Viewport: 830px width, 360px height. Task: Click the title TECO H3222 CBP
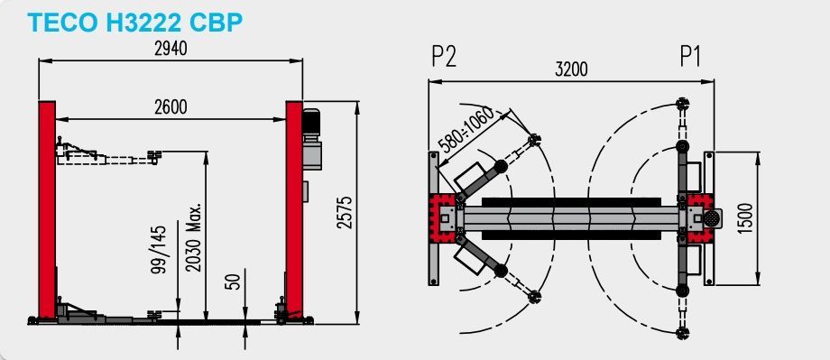pos(135,23)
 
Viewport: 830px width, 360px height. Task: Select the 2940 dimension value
pos(171,49)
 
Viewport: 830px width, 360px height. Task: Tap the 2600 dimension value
pos(171,107)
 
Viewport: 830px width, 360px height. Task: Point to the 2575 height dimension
pos(345,212)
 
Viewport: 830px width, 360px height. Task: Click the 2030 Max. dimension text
pos(194,236)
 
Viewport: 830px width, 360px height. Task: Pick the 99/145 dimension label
pos(159,249)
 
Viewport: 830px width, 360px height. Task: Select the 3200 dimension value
pos(571,69)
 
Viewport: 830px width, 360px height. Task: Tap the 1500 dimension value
pos(744,218)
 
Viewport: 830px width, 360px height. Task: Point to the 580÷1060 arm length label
pos(466,130)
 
